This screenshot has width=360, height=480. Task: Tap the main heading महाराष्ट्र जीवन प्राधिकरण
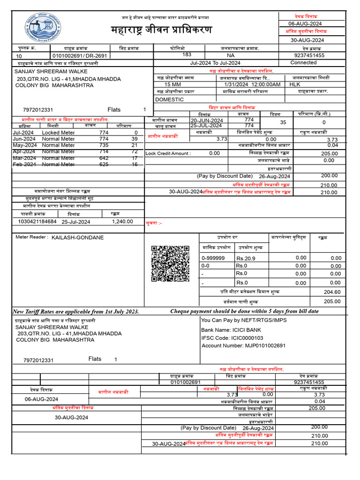pyautogui.click(x=161, y=30)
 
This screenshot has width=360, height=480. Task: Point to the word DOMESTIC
pyautogui.click(x=169, y=99)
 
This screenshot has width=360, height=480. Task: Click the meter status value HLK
pyautogui.click(x=294, y=84)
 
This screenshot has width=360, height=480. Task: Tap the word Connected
pyautogui.click(x=303, y=62)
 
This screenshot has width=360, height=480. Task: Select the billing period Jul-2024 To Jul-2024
pyautogui.click(x=215, y=63)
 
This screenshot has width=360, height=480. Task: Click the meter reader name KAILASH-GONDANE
pyautogui.click(x=77, y=238)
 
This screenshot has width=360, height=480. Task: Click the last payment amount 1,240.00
pyautogui.click(x=122, y=222)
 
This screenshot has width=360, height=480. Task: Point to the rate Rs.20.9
pyautogui.click(x=246, y=258)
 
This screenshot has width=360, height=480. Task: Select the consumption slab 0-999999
pyautogui.click(x=213, y=258)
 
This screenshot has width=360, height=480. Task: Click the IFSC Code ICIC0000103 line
pyautogui.click(x=232, y=337)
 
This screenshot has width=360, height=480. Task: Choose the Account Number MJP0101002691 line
pyautogui.click(x=237, y=345)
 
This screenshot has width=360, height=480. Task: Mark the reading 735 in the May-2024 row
pyautogui.click(x=104, y=145)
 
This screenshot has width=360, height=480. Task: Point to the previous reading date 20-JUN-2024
pyautogui.click(x=207, y=120)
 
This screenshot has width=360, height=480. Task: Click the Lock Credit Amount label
pyautogui.click(x=168, y=153)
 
